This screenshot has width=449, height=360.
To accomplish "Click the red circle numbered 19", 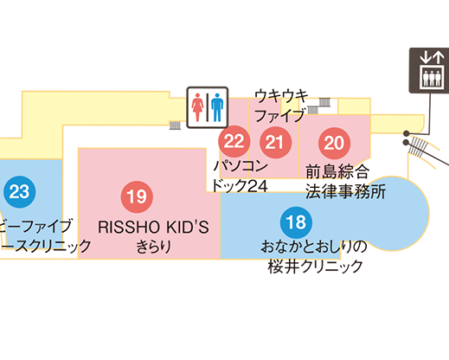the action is (x=137, y=196).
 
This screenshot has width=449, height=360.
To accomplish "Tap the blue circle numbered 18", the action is (x=296, y=222).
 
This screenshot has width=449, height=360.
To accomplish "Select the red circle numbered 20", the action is (x=334, y=143).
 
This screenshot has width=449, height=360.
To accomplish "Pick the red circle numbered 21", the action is (x=275, y=142).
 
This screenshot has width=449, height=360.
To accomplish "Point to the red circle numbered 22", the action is (x=234, y=141).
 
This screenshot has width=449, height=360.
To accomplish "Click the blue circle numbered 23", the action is (x=20, y=192).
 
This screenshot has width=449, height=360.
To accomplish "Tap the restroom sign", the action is (x=208, y=107).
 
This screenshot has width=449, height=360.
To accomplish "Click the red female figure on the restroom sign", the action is (x=197, y=107).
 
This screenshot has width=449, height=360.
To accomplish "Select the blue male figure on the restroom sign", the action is (x=217, y=107).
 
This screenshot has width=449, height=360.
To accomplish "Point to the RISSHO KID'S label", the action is (x=153, y=228).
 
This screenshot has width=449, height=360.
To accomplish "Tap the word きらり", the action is (x=153, y=247).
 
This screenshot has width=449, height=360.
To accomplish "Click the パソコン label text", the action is (x=241, y=166).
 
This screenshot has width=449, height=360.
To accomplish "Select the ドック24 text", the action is (x=240, y=185).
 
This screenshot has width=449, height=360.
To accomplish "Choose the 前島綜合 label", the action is (x=337, y=171).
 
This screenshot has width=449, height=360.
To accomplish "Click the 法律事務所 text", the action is (x=345, y=191).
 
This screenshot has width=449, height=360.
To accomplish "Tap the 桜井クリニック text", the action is (x=315, y=267).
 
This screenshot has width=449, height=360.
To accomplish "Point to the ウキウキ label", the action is (x=281, y=96).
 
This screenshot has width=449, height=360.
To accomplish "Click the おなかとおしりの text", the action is (x=314, y=247).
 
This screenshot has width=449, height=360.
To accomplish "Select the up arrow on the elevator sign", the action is (x=439, y=57).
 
